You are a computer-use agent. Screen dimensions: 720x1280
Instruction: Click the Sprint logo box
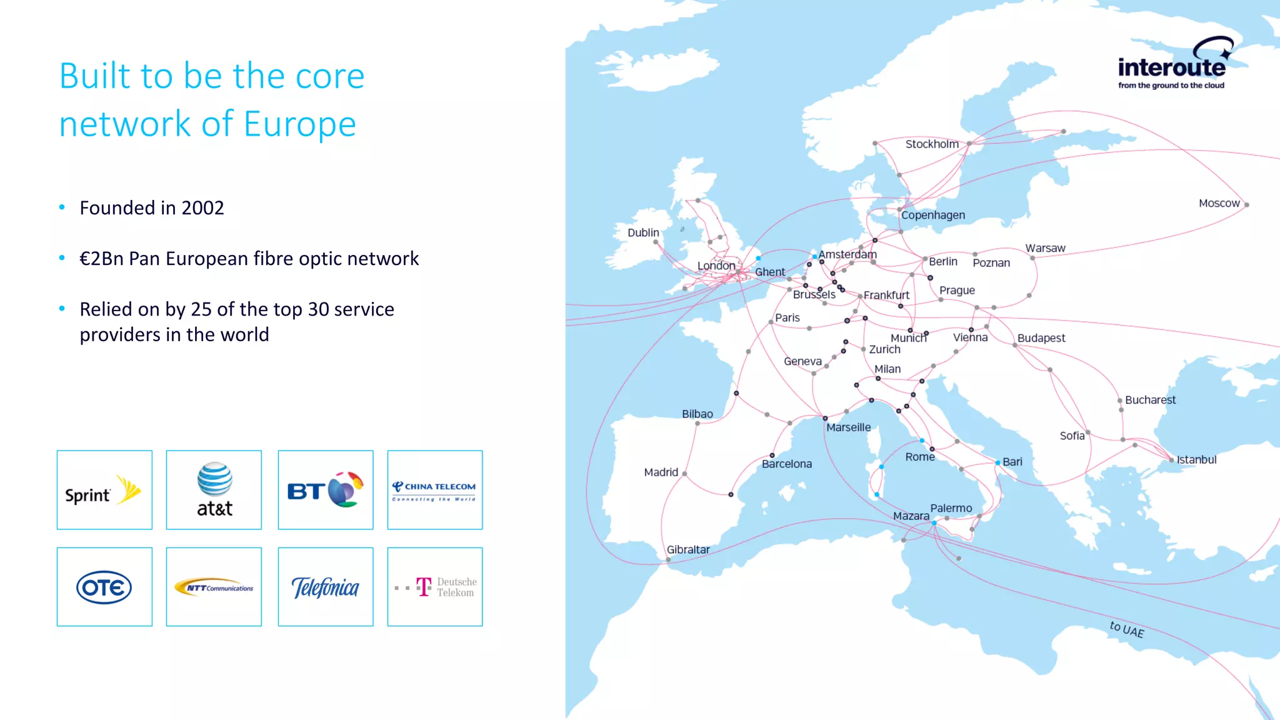click(x=104, y=490)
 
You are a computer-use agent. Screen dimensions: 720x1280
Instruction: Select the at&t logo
click(x=214, y=490)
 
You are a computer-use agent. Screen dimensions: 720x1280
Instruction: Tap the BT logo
click(x=326, y=490)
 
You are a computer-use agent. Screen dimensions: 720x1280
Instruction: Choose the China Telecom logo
click(x=435, y=490)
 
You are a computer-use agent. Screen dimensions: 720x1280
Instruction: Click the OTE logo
click(x=104, y=587)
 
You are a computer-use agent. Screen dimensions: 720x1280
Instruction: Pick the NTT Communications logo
click(x=214, y=587)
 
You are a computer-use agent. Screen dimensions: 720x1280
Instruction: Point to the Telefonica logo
click(x=326, y=587)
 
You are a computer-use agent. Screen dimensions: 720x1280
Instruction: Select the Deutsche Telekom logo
click(x=435, y=587)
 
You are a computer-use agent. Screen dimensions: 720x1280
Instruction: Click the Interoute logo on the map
click(x=1172, y=66)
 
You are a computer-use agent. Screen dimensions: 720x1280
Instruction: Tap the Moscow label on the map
click(x=1219, y=203)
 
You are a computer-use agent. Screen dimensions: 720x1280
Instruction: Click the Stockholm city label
click(x=932, y=144)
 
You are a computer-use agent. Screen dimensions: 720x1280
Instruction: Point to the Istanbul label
click(x=1196, y=460)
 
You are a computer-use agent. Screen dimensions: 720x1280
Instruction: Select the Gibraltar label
click(x=688, y=550)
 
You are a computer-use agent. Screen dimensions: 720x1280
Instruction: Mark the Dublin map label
click(x=643, y=232)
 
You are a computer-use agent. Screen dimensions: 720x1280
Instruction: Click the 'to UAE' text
click(x=1127, y=629)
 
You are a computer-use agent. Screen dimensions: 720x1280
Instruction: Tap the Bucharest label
click(x=1150, y=400)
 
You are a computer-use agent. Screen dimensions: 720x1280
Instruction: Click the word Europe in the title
click(x=300, y=124)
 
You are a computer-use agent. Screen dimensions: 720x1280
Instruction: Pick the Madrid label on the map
click(x=661, y=472)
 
